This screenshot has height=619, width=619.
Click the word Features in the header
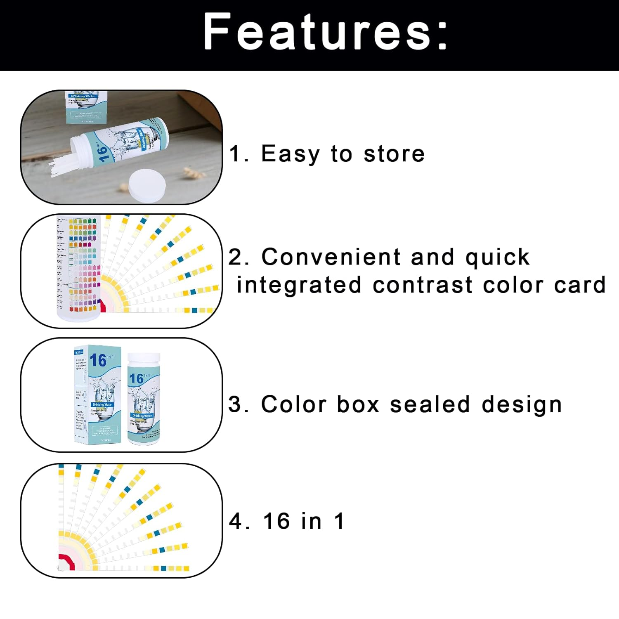[x=318, y=32]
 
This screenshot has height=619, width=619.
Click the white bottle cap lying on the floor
[x=147, y=187]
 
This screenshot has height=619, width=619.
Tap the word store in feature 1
[x=394, y=154]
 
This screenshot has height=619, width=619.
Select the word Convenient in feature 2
[x=331, y=257]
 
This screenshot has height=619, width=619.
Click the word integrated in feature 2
[x=299, y=285]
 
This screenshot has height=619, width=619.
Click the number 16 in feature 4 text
[x=276, y=521]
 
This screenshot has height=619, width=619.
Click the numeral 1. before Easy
[x=239, y=154]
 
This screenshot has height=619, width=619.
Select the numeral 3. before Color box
[x=238, y=404]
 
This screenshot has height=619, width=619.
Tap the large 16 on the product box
[x=98, y=360]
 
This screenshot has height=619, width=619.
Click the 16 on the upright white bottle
[x=136, y=378]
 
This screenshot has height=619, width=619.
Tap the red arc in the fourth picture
[x=65, y=561]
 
